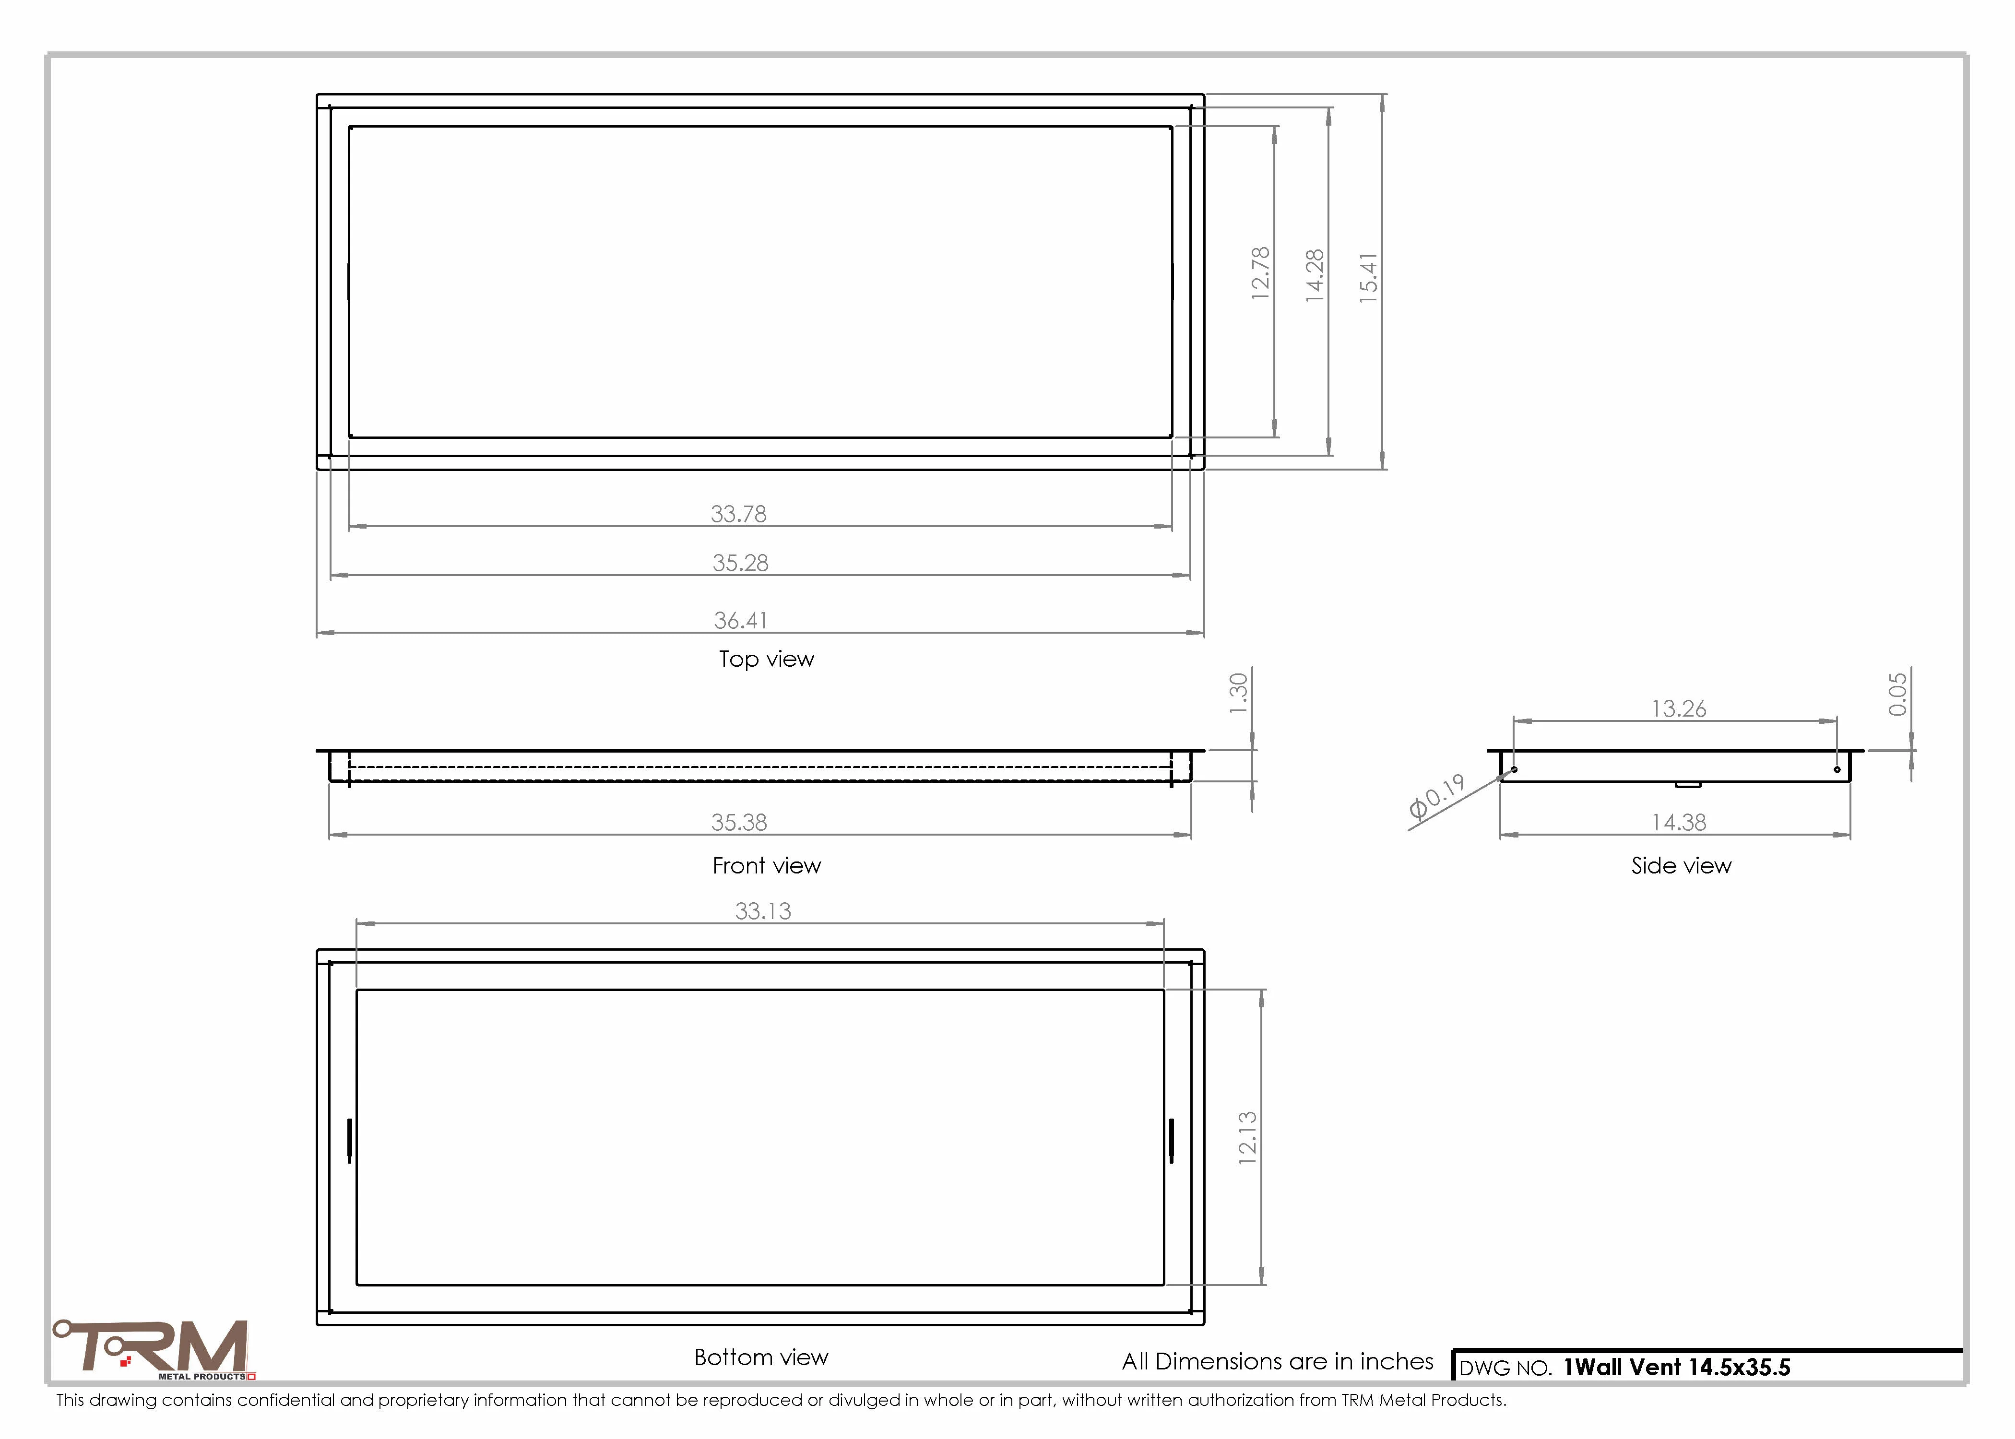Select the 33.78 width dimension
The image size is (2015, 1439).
point(739,514)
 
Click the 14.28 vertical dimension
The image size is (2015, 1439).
point(1315,276)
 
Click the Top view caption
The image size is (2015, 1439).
point(767,659)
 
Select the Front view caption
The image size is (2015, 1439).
point(767,866)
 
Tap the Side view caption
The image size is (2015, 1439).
point(1681,866)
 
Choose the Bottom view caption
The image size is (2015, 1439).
point(761,1357)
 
